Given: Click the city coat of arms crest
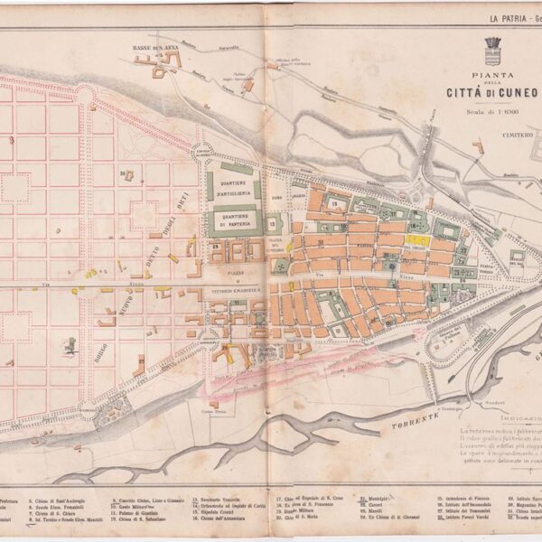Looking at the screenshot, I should click(x=493, y=47).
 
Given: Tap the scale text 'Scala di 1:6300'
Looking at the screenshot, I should click(x=491, y=112).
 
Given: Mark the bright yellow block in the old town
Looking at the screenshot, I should click(x=416, y=241).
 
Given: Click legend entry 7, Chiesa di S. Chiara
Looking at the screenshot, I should click(x=54, y=512).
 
